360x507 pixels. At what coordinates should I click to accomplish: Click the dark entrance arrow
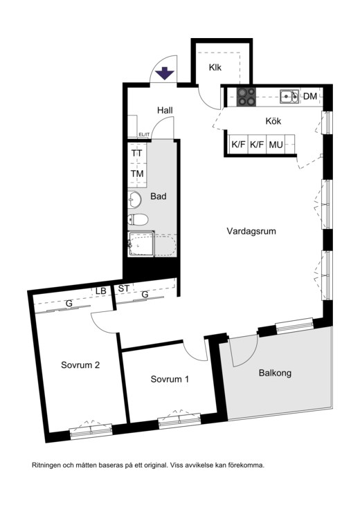pos(165,73)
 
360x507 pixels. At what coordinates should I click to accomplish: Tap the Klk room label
pos(215,68)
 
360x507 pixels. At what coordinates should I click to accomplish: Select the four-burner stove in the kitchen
pos(246,97)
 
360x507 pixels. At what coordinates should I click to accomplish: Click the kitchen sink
pos(289,96)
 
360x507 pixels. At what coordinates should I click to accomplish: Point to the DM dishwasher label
pos(310,96)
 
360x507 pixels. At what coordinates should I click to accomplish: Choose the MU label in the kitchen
pos(276,145)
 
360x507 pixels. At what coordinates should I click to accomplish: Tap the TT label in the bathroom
pos(137,154)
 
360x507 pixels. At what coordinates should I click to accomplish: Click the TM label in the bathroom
pos(137,174)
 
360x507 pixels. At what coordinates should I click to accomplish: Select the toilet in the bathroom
pos(138,219)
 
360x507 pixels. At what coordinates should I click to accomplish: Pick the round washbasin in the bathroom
pos(134,200)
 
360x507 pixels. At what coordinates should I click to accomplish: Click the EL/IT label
pos(144,134)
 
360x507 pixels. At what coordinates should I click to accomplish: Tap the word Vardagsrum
pos(251,231)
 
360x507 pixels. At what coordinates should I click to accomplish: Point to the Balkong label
pos(275,373)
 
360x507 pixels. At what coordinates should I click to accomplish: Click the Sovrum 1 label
pos(170,379)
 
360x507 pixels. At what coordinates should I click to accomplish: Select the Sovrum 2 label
pos(80,365)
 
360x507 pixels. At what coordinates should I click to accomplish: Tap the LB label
pos(101,291)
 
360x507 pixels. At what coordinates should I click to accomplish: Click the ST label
pos(124,288)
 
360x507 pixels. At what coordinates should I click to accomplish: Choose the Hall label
pos(165,110)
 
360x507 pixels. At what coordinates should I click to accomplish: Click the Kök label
pos(273,121)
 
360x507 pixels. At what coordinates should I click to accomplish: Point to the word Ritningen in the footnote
pos(46,465)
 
